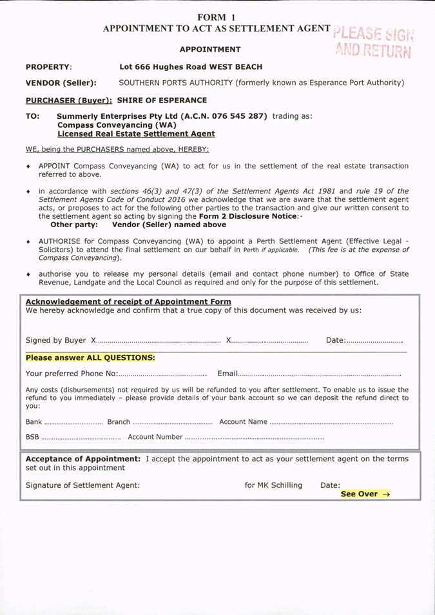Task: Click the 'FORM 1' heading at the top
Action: point(217,17)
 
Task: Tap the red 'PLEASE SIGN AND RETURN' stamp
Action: point(374,42)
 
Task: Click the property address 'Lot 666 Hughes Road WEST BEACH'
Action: point(191,67)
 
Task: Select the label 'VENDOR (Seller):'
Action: point(61,83)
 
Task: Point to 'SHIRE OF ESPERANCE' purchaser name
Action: point(162,101)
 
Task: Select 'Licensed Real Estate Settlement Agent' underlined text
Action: point(136,134)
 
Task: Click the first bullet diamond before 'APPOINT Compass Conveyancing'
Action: point(28,166)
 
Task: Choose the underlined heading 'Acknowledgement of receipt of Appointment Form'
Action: point(128,302)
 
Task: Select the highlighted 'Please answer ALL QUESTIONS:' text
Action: point(90,358)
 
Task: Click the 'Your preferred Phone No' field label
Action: point(71,374)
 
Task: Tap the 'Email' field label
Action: point(228,374)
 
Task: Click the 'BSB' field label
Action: point(32,438)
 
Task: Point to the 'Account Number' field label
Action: point(155,438)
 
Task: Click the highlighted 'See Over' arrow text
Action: point(365,494)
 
